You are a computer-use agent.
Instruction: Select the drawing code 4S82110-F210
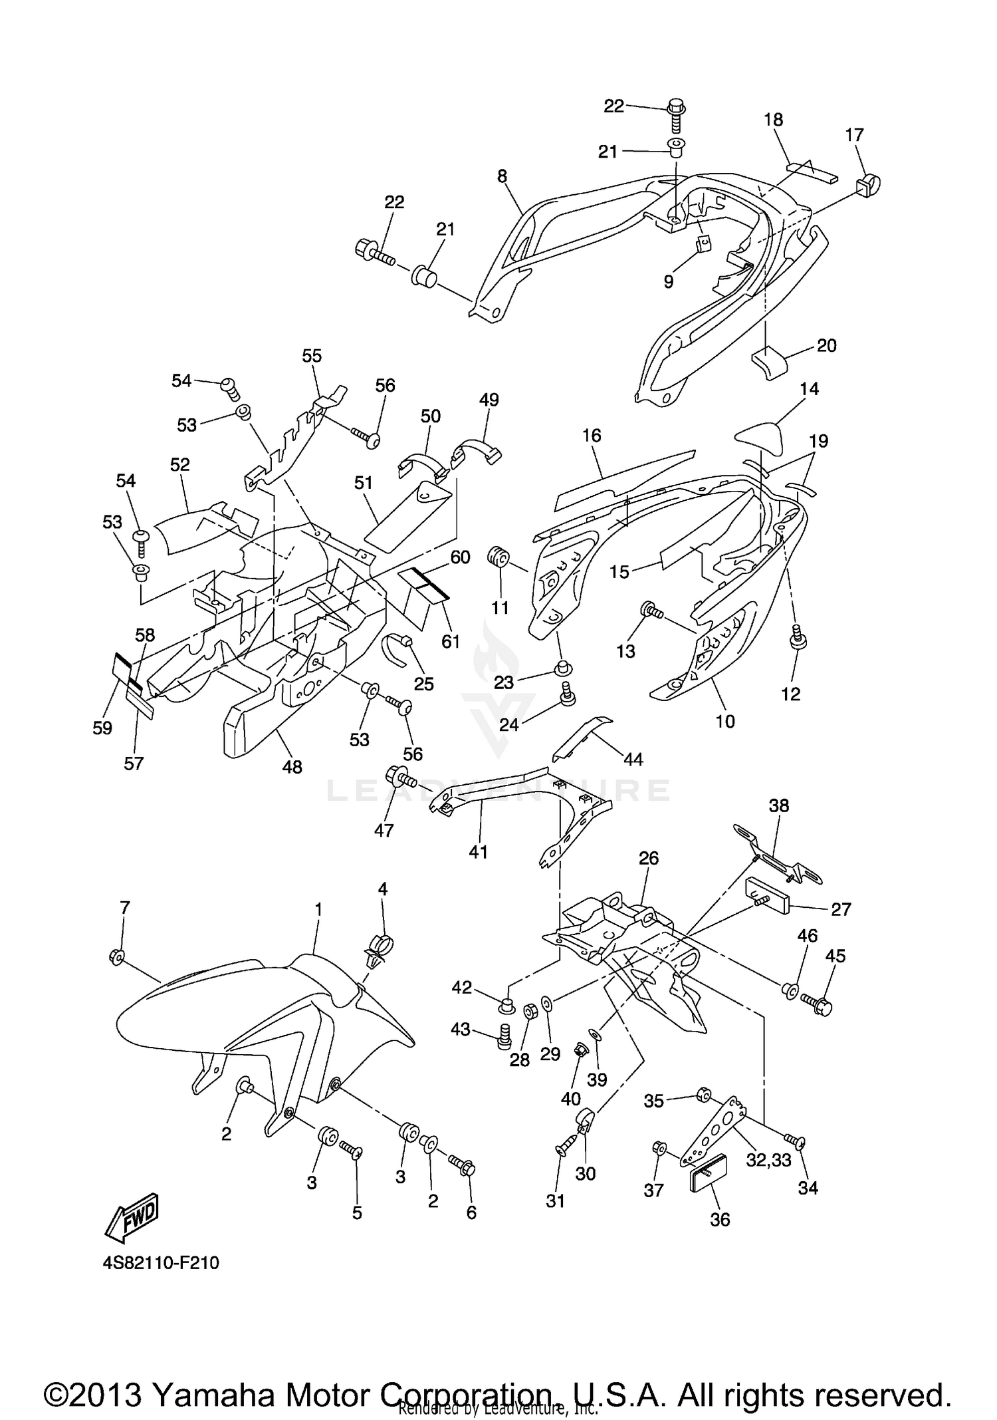pyautogui.click(x=161, y=1273)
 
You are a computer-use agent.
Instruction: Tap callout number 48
pyautogui.click(x=292, y=767)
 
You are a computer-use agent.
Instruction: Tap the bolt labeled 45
pyautogui.click(x=817, y=1004)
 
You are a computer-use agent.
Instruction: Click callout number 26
pyautogui.click(x=649, y=858)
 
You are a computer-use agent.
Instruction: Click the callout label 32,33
pyautogui.click(x=768, y=1159)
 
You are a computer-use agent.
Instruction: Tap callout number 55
pyautogui.click(x=312, y=356)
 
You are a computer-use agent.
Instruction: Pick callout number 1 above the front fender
pyautogui.click(x=318, y=909)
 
